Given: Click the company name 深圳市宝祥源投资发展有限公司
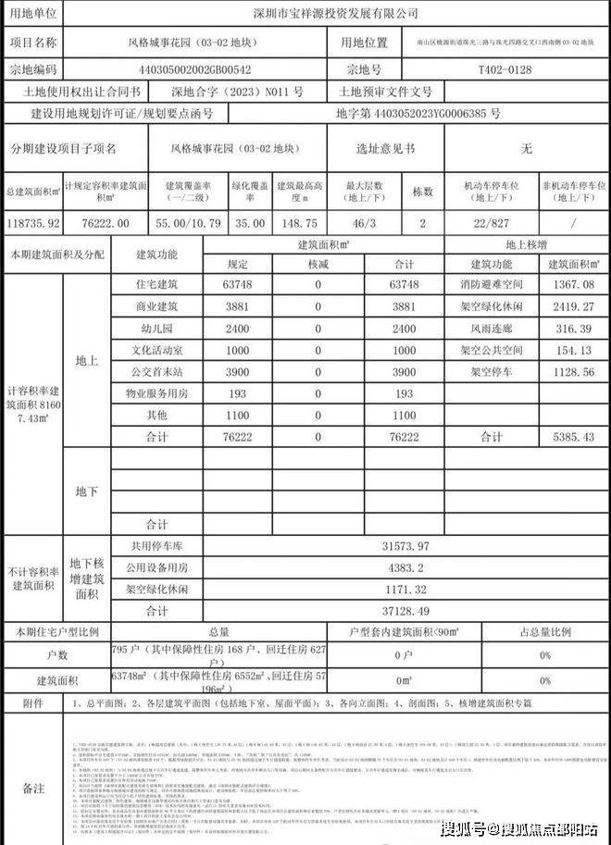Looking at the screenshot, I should tap(336, 14).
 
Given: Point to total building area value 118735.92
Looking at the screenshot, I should tap(32, 223).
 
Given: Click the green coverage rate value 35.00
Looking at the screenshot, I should tap(250, 223).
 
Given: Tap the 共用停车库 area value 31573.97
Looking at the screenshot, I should tap(405, 547).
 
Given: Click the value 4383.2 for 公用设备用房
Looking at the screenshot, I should tap(405, 567).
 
